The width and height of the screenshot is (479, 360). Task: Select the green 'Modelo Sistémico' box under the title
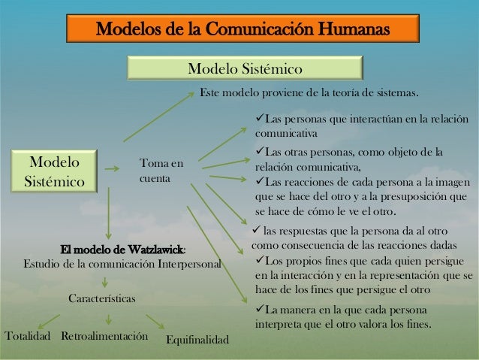244,70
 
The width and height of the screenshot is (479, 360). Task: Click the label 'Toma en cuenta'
161,171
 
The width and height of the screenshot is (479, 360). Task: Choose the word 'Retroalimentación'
104,334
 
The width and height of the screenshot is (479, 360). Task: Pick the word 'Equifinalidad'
197,341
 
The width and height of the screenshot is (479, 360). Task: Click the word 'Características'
102,299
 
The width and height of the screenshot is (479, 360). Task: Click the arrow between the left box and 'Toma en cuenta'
110,170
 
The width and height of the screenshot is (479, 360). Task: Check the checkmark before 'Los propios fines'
261,260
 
